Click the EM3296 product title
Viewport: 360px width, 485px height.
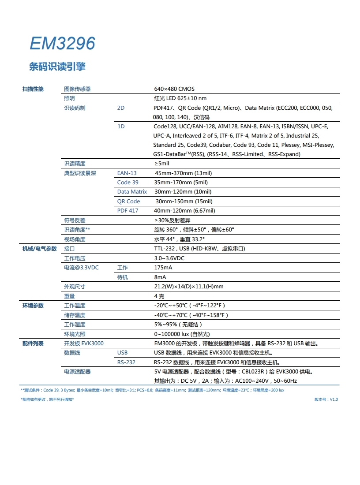(62, 44)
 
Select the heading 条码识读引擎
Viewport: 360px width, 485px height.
(57, 67)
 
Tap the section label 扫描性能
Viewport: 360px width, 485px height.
(33, 89)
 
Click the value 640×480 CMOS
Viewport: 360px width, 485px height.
(174, 89)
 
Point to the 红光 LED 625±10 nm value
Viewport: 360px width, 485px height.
(180, 98)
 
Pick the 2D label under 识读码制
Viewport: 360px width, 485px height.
(121, 108)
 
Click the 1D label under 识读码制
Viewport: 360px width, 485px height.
(121, 127)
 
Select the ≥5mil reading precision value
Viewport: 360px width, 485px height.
(161, 164)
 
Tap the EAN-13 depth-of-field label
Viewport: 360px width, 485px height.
(127, 173)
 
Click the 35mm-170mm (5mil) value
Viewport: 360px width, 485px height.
(180, 183)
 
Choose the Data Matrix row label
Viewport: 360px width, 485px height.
(132, 192)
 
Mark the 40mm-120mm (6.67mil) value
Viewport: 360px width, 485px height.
(184, 211)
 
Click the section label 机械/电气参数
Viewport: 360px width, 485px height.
(40, 249)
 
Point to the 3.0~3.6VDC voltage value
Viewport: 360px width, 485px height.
(169, 258)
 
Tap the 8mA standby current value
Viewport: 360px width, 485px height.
(160, 277)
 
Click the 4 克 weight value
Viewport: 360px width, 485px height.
(159, 296)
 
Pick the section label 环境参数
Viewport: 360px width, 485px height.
(33, 306)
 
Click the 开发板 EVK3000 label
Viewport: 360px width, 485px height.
(84, 343)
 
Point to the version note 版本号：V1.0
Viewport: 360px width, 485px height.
(326, 399)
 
